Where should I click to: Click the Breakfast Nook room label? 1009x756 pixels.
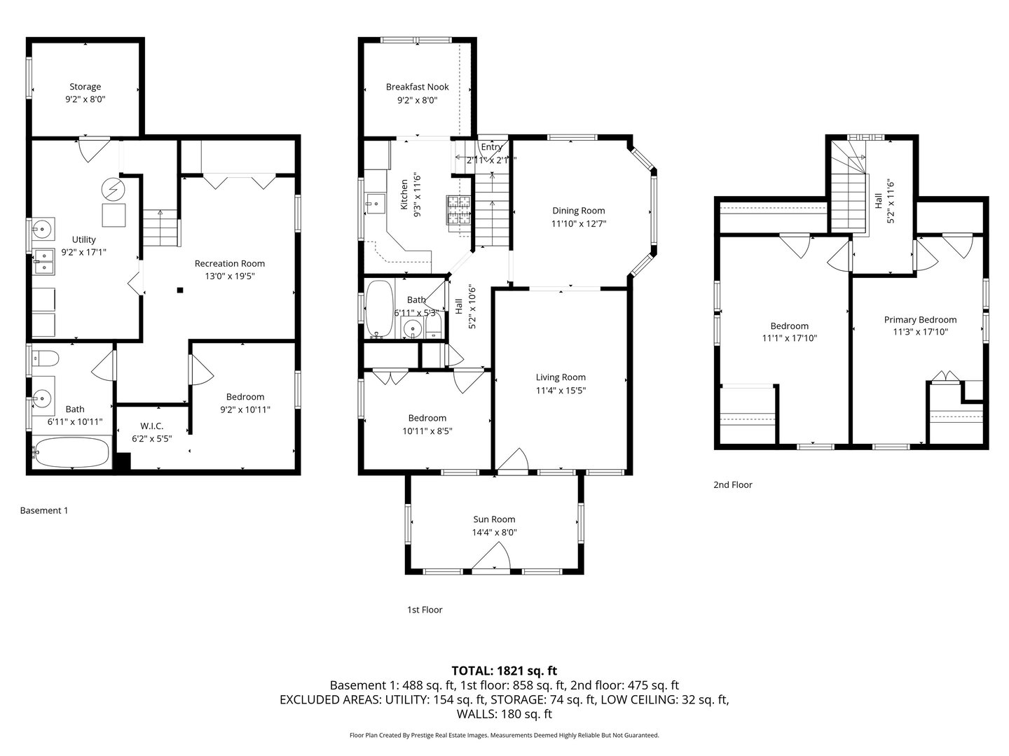417,87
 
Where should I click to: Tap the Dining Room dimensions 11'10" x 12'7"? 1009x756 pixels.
578,224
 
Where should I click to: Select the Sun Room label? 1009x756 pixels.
494,519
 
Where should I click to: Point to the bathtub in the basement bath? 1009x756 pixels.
71,453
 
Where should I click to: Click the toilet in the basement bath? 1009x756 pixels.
46,358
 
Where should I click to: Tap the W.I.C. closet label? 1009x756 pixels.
151,426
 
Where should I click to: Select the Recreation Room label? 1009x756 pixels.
230,263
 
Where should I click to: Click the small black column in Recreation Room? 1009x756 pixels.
180,290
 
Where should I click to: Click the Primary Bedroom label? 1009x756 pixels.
920,319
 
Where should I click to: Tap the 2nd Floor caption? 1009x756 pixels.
732,484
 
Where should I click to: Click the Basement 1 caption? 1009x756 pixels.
44,510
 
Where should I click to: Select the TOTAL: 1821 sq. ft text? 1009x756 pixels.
504,671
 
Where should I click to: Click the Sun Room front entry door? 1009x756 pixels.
491,560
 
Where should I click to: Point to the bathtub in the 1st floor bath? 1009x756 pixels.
379,309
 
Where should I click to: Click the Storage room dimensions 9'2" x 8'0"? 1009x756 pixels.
85,100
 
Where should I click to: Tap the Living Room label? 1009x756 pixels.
561,377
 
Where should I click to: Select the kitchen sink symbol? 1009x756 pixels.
376,204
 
